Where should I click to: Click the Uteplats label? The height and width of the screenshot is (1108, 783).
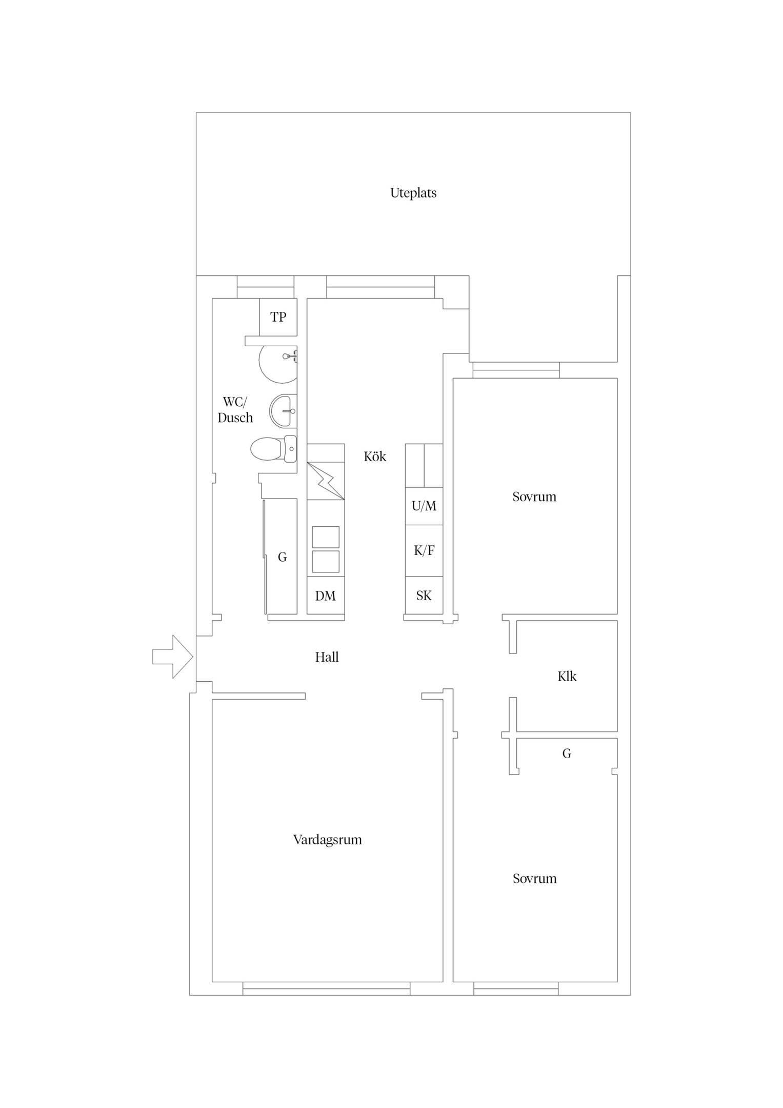[x=413, y=193]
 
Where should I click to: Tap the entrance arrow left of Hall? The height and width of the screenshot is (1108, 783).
[x=172, y=657]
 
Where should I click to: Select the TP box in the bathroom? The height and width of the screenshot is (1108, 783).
[x=278, y=317]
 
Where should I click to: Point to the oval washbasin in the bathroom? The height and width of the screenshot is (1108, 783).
[x=283, y=410]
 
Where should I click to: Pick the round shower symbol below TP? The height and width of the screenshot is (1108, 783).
[x=278, y=364]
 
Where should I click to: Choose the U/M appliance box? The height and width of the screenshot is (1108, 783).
[x=424, y=506]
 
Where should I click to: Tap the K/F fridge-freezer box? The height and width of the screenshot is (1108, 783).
[x=424, y=550]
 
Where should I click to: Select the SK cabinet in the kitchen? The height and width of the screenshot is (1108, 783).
[x=424, y=595]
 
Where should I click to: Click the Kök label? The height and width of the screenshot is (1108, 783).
[x=375, y=457]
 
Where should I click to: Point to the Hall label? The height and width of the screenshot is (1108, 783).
[x=327, y=657]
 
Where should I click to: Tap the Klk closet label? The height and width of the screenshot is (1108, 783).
[x=567, y=676]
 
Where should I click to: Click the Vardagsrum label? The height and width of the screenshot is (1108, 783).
[x=327, y=840]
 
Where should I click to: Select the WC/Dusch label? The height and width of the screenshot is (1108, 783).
[x=235, y=409]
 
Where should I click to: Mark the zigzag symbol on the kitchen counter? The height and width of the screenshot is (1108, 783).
[x=326, y=481]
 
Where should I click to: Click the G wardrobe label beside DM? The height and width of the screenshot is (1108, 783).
[x=282, y=557]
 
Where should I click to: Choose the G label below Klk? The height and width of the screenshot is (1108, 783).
[x=567, y=753]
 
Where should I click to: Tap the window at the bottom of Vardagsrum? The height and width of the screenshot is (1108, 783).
[x=326, y=988]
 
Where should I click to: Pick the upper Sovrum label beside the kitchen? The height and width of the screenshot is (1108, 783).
[x=534, y=497]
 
